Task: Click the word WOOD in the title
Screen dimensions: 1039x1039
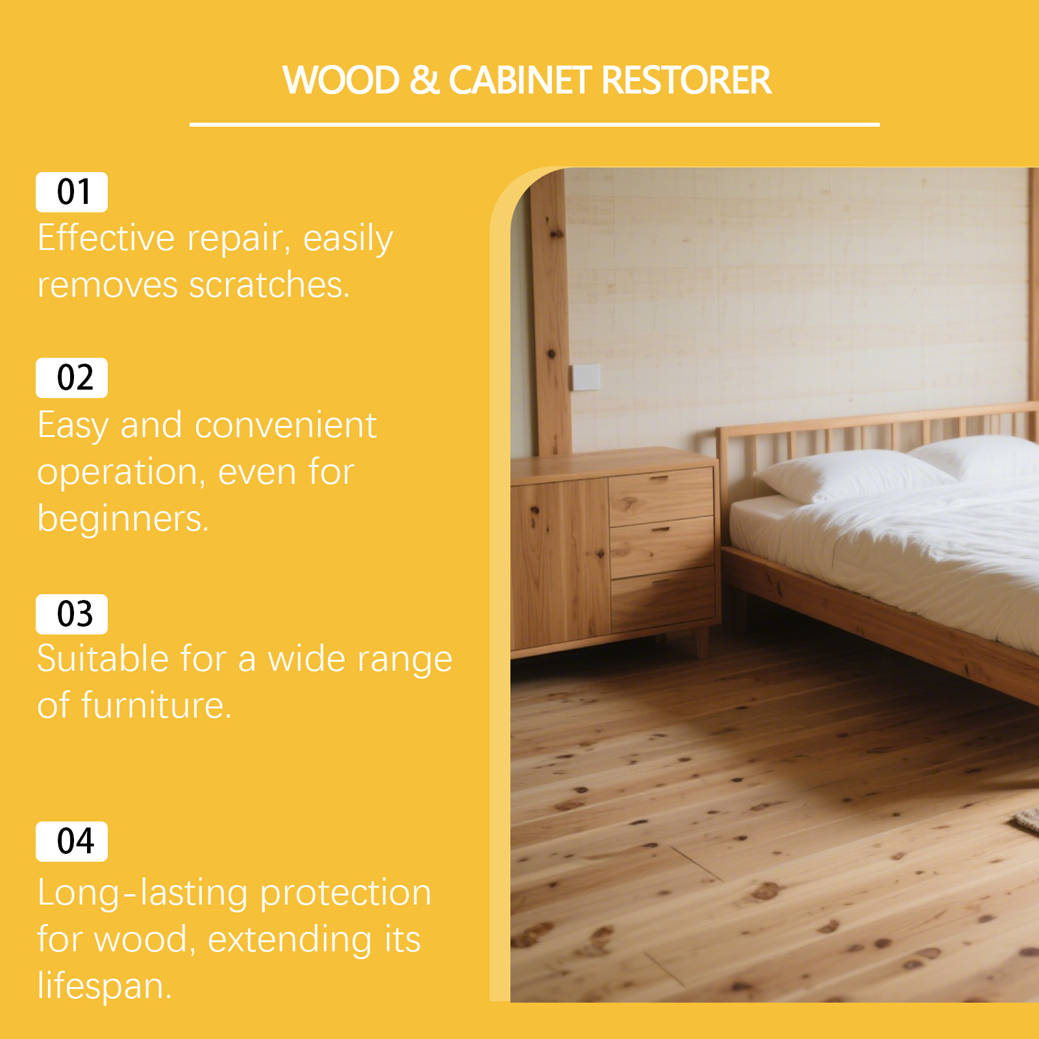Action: tap(341, 81)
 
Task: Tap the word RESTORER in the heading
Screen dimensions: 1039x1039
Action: tap(686, 81)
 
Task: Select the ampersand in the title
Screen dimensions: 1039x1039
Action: tap(425, 81)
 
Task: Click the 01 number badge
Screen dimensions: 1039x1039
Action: tap(71, 192)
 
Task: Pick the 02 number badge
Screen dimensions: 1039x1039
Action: tap(71, 378)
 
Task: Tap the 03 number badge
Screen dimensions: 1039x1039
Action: tap(71, 614)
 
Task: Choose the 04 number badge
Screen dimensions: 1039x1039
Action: tap(71, 842)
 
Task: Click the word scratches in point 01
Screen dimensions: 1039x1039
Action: tap(269, 284)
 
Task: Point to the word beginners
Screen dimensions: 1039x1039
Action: tap(123, 519)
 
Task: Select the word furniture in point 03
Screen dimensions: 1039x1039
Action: tap(156, 705)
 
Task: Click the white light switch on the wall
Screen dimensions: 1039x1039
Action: tap(586, 377)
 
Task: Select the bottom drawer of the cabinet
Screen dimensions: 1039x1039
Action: tap(663, 599)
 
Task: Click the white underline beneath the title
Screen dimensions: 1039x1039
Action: tap(534, 124)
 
